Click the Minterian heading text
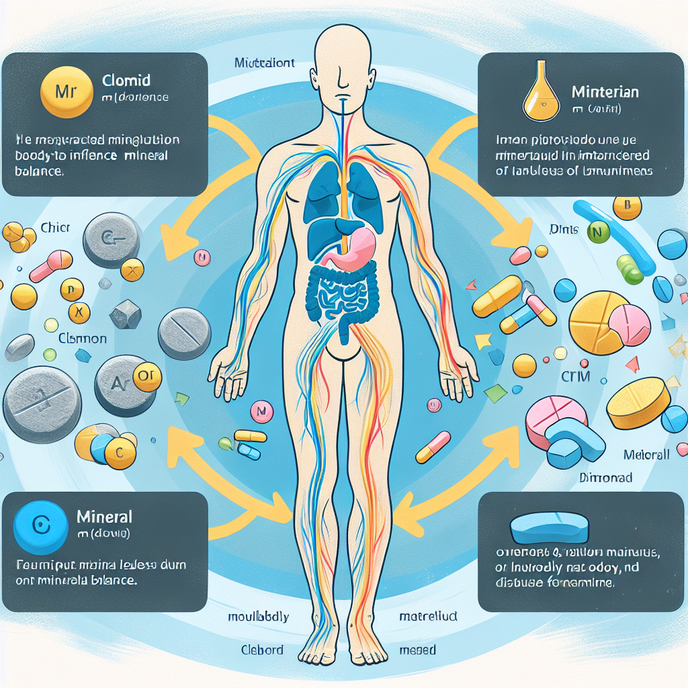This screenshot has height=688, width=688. point(604,91)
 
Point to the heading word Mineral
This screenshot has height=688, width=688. point(104,517)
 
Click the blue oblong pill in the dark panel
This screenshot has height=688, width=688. point(549,528)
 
